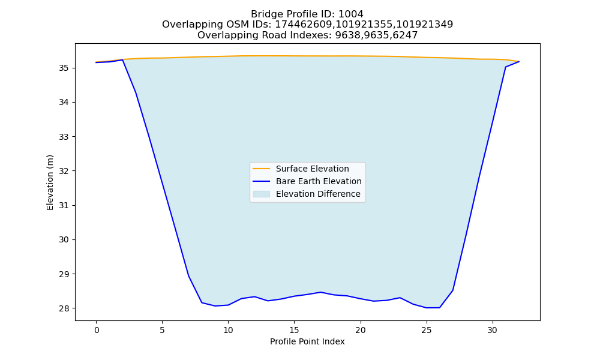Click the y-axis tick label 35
[64, 68]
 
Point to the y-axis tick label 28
[64, 308]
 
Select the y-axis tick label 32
[64, 171]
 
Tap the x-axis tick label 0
[97, 330]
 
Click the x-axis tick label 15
[294, 330]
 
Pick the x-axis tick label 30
[493, 330]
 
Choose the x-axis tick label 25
[426, 330]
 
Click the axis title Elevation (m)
[50, 182]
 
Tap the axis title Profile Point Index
[307, 341]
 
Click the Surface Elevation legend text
[312, 169]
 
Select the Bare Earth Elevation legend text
[319, 181]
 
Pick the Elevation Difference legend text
[318, 194]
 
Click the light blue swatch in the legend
[262, 194]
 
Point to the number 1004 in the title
[351, 14]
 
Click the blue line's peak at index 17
[320, 292]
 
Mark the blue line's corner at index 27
[452, 290]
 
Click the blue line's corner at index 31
[505, 67]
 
